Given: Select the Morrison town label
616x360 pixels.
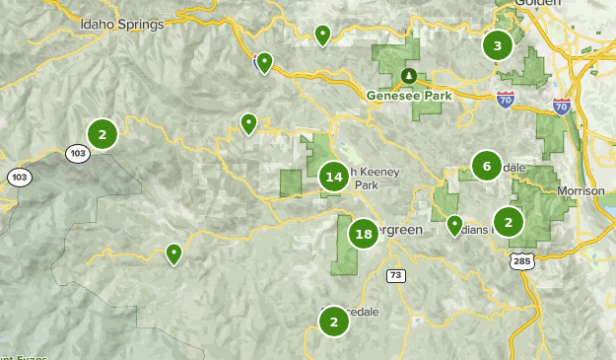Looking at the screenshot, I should [x=581, y=189].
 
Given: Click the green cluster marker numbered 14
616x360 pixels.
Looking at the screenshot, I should [x=333, y=178].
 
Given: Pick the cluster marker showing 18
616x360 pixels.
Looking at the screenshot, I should [x=364, y=234].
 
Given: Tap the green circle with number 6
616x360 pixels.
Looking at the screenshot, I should [x=486, y=167].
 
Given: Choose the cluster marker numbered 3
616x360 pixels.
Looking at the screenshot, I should [x=498, y=45].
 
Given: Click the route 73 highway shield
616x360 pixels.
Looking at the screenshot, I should [x=396, y=274].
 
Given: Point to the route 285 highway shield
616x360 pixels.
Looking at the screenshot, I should [x=522, y=260].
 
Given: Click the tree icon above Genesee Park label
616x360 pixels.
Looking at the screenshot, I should [x=408, y=75].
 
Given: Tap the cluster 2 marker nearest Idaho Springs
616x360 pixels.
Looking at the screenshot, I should [x=102, y=132].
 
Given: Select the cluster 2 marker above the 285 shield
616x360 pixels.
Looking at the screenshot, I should [x=508, y=221].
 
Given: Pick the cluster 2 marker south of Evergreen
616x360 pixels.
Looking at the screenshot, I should [x=334, y=321].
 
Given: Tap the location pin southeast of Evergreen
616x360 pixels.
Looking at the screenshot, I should [x=454, y=225].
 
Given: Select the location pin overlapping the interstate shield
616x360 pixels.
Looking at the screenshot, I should [x=264, y=62].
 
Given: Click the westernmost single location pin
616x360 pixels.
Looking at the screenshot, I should [x=173, y=253].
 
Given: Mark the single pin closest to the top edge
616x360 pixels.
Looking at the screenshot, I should [x=322, y=35].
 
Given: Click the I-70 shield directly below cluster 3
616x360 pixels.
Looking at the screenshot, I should [x=504, y=100].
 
